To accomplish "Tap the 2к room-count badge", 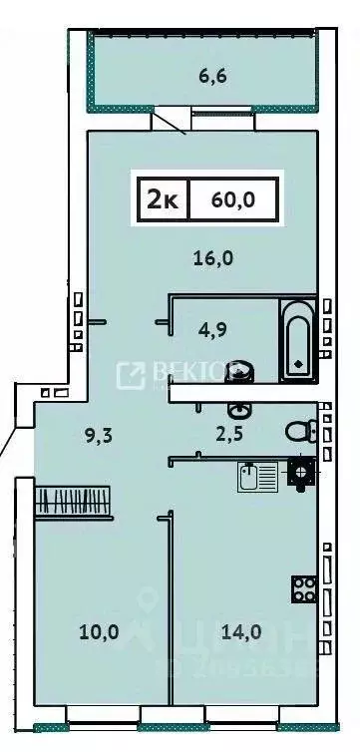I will coord(163,199).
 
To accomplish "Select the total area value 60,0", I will coord(233,199).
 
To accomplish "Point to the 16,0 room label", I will coord(212,258).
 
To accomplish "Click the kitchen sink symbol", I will coord(253,477).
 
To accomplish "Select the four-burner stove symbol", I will coord(303,588).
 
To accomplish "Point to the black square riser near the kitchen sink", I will coord(299,470).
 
